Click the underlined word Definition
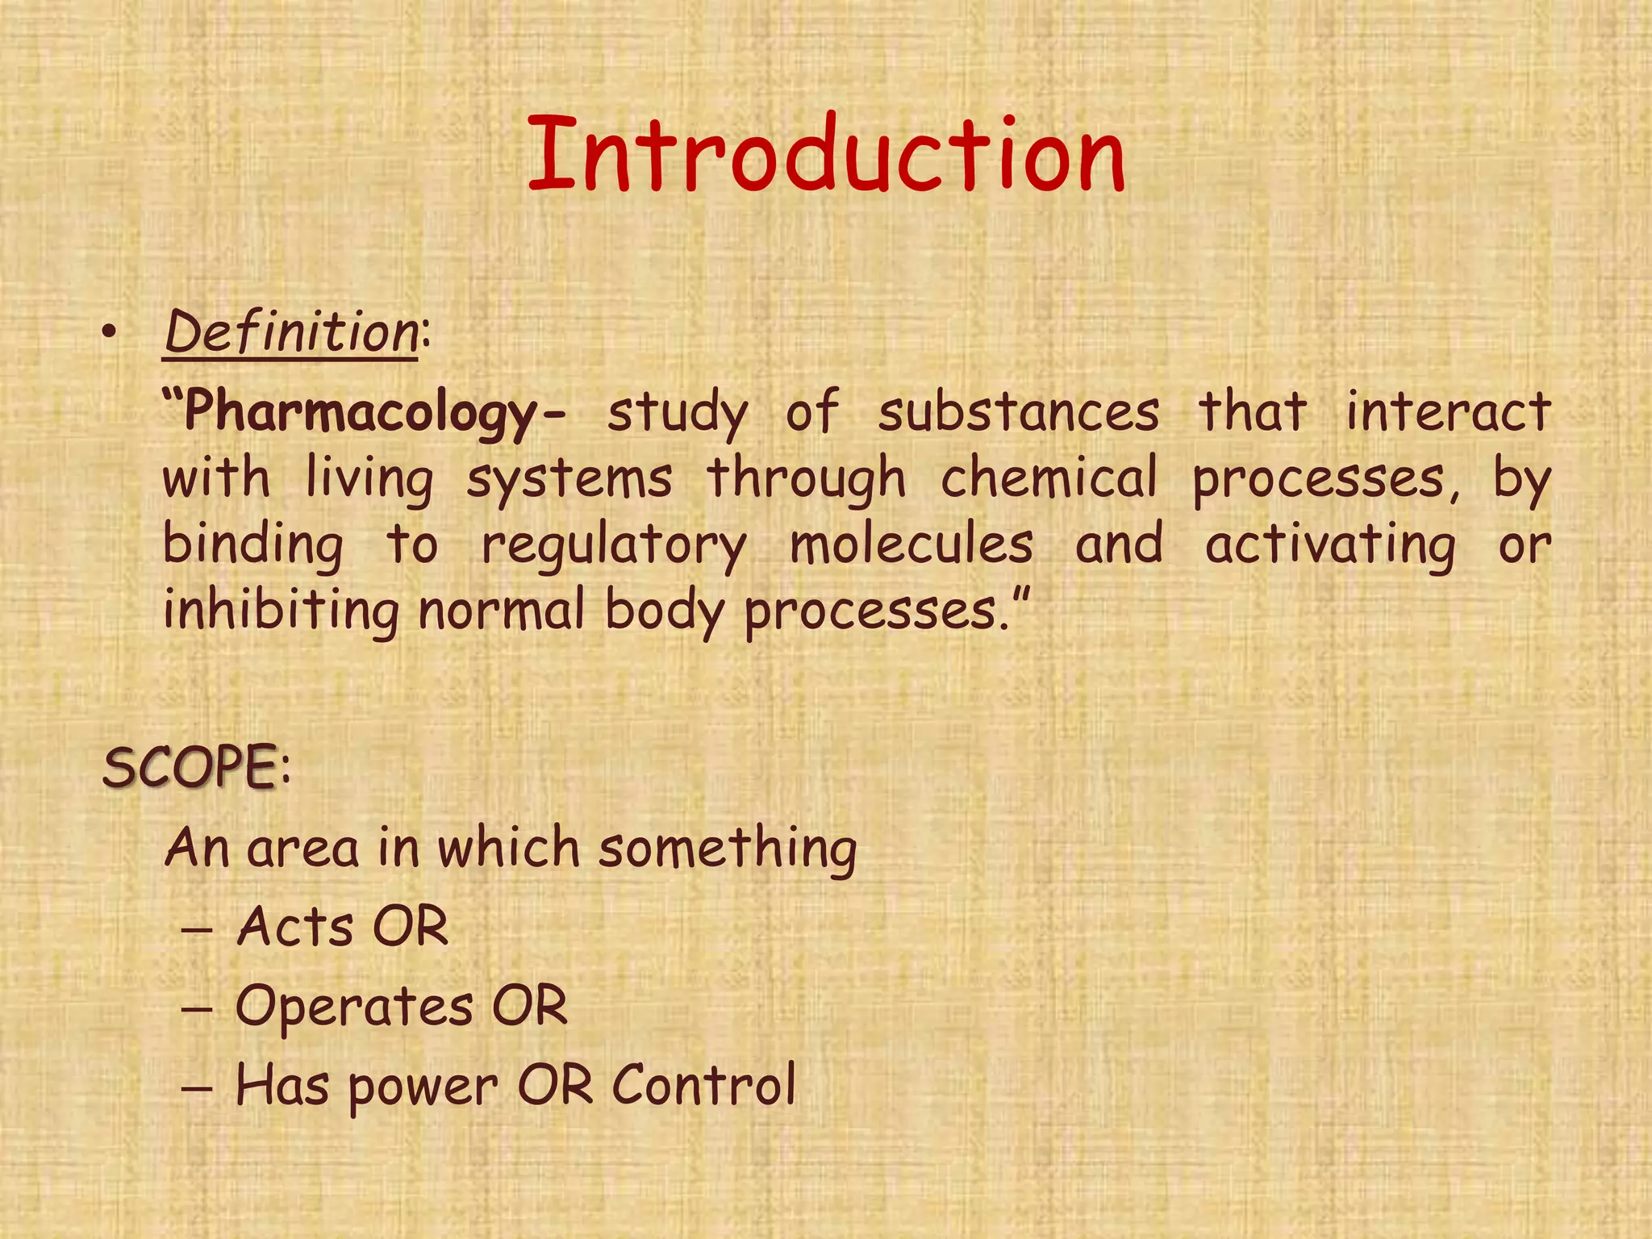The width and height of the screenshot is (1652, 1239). (290, 332)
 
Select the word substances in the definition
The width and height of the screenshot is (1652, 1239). (1019, 411)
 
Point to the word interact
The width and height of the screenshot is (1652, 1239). (1448, 411)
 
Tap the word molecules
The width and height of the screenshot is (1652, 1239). (912, 544)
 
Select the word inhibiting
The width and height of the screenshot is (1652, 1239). (281, 611)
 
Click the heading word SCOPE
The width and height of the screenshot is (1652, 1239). (190, 766)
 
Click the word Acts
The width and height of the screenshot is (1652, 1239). (295, 926)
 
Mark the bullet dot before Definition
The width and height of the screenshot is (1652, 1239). (111, 334)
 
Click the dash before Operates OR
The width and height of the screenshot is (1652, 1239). (197, 1009)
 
